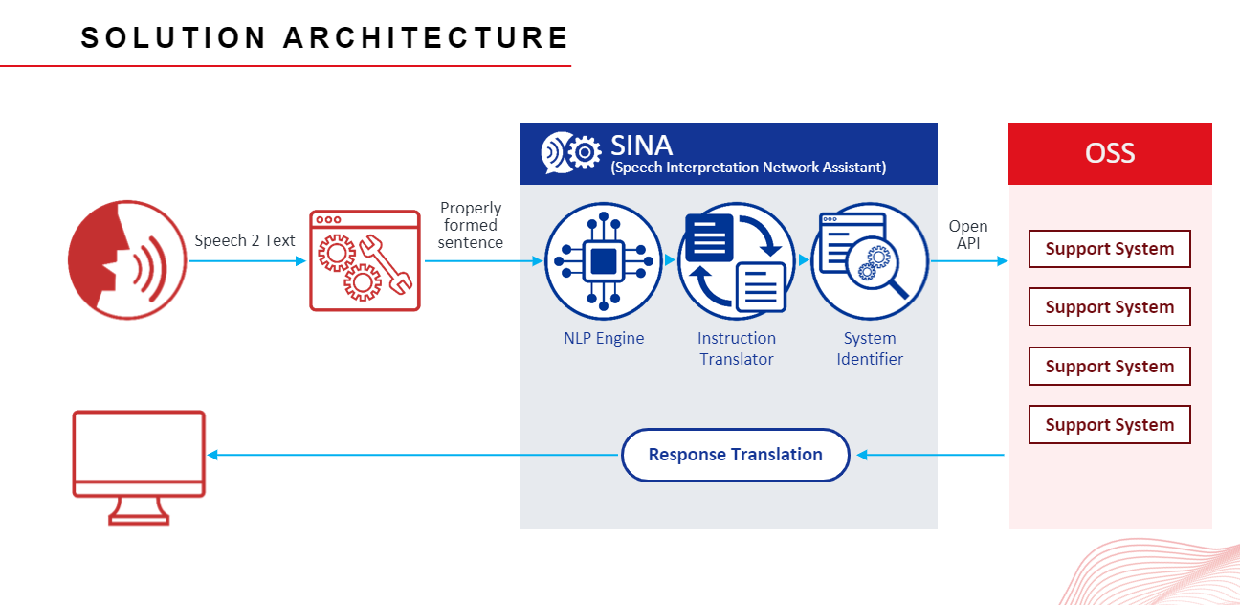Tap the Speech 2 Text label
coord(245,240)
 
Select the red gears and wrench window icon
coord(365,260)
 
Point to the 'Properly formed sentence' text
coord(471,225)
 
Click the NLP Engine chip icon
coord(603,260)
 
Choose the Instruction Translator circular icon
coord(736,260)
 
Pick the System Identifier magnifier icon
coord(869,260)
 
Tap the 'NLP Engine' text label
coord(603,338)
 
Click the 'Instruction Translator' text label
coord(736,348)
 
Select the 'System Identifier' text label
coord(869,348)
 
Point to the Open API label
coord(968,235)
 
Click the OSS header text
coord(1110,153)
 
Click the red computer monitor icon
coord(139,466)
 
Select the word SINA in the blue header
coord(641,146)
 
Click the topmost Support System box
coord(1109,249)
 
